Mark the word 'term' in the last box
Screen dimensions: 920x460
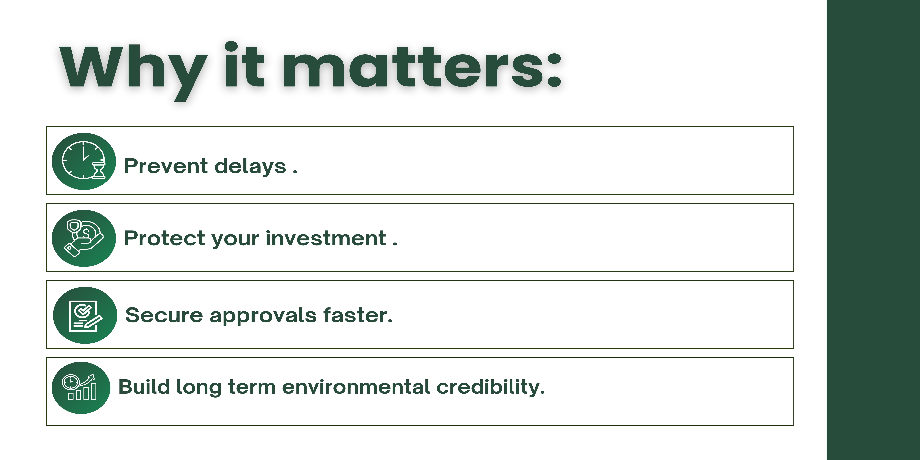pyautogui.click(x=252, y=387)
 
